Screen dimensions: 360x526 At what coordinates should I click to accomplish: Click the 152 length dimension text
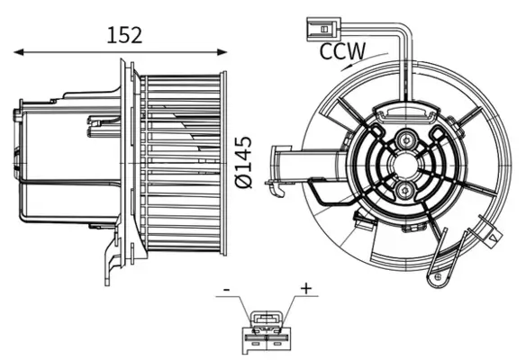point(125,35)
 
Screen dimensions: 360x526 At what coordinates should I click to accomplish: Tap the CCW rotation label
point(342,50)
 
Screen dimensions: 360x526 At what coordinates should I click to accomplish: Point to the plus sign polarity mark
point(305,289)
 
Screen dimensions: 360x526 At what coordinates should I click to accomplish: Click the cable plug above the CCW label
point(318,26)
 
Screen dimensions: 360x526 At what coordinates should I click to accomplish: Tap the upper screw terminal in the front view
point(405,141)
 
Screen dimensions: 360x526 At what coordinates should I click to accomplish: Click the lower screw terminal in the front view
point(405,191)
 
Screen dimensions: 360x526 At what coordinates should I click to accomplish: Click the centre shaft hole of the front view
point(405,166)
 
